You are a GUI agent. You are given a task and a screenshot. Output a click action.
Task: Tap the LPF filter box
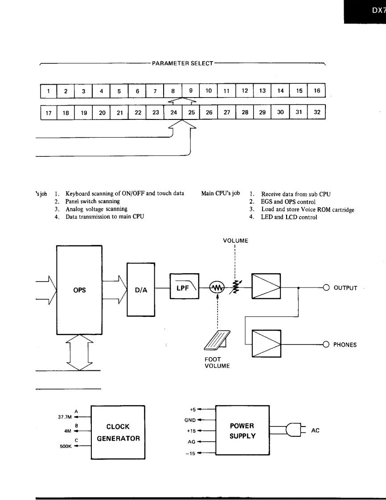click(x=182, y=287)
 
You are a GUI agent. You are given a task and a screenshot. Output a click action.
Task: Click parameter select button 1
click(x=48, y=91)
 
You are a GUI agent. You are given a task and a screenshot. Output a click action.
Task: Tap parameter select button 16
click(x=317, y=90)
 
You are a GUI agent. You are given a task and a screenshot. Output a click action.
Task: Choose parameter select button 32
click(x=317, y=112)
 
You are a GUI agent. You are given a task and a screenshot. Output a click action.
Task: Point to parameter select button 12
click(x=245, y=90)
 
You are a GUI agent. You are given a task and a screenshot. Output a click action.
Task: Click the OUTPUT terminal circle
click(x=326, y=287)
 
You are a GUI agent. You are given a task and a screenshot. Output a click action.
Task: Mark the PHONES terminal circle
click(x=326, y=344)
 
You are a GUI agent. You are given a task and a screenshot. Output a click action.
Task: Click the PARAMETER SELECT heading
click(x=182, y=63)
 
